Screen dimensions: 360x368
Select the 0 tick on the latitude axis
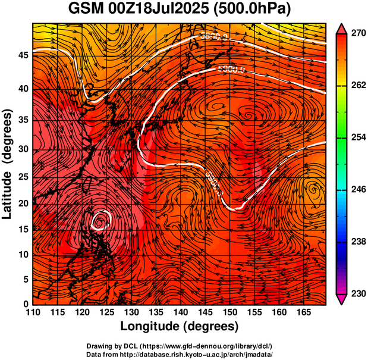(24, 304)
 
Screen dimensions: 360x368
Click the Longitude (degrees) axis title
(180, 327)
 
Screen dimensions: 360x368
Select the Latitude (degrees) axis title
(8, 164)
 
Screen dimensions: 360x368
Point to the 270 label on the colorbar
(358, 33)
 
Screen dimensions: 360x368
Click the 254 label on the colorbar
(358, 137)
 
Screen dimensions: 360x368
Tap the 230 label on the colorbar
(358, 293)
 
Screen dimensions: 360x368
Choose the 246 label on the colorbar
(358, 190)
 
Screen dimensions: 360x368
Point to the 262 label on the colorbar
(358, 86)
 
